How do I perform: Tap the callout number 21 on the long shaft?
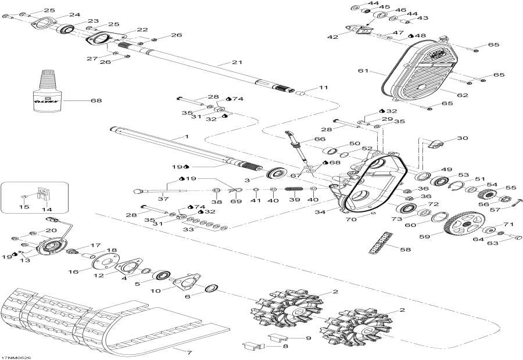[236, 63]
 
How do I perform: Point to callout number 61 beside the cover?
[363, 71]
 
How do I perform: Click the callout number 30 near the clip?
[462, 138]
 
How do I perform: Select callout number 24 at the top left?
[74, 15]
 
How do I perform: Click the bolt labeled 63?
[514, 236]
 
